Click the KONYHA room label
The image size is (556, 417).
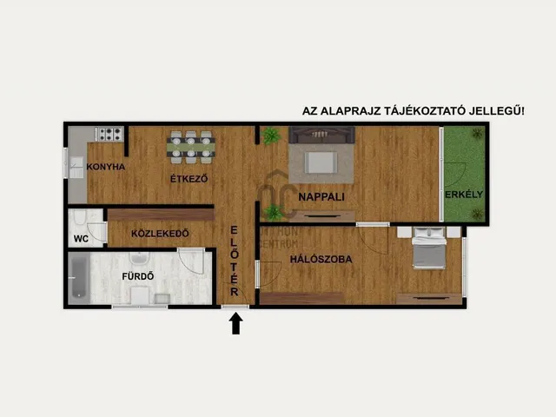click(x=106, y=168)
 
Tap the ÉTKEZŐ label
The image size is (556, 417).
click(x=189, y=180)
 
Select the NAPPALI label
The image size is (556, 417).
click(x=320, y=197)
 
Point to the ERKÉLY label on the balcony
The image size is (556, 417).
click(x=464, y=195)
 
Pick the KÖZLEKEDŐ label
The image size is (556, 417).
click(x=162, y=234)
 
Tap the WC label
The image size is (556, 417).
click(x=81, y=238)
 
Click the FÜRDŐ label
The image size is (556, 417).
click(x=138, y=277)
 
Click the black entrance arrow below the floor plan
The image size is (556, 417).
click(x=235, y=323)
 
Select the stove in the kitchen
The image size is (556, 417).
click(x=109, y=134)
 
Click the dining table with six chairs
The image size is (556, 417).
click(x=191, y=146)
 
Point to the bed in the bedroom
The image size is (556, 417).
click(x=427, y=249)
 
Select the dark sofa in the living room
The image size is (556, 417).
click(x=322, y=135)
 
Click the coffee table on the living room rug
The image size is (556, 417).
click(x=321, y=162)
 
